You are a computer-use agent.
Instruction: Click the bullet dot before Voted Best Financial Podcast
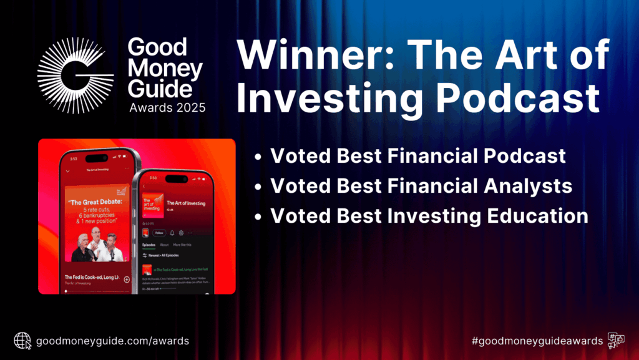point(258,157)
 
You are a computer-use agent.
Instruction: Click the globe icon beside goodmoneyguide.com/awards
point(22,341)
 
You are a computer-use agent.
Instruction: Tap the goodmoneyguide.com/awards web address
point(113,341)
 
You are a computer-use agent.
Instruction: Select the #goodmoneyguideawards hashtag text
point(537,341)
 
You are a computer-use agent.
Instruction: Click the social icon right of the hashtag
point(617,341)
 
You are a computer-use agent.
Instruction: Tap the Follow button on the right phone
point(160,233)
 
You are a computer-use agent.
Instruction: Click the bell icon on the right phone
point(172,233)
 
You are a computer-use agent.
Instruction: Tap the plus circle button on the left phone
point(127,280)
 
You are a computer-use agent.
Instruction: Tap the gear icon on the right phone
point(182,233)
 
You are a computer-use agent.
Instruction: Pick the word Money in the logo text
point(163,69)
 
